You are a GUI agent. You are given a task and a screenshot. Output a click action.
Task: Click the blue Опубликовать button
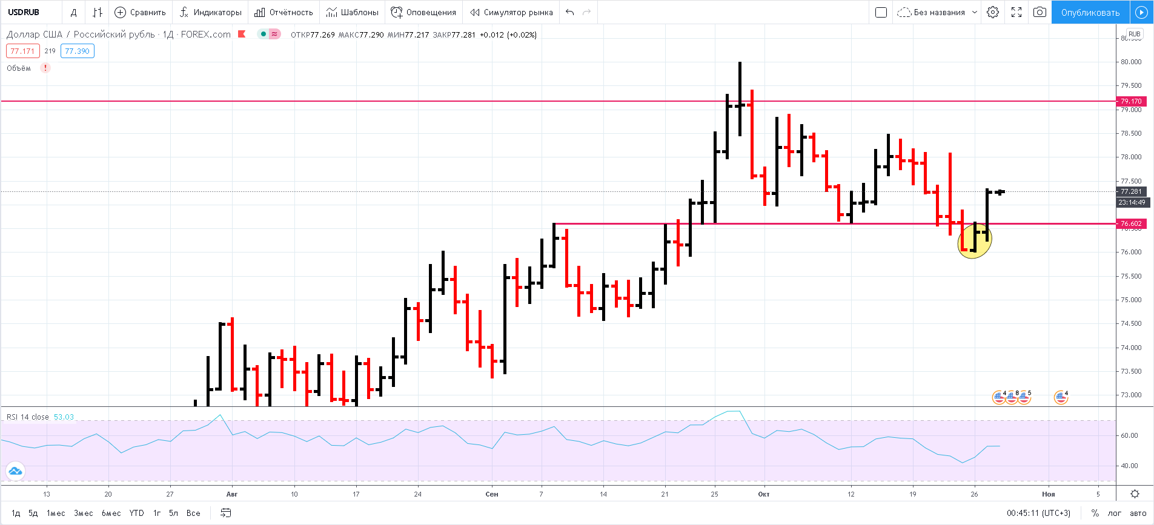pos(1090,12)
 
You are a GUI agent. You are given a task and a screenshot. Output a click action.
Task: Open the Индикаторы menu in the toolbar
pos(211,12)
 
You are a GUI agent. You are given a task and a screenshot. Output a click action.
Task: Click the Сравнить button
pos(141,12)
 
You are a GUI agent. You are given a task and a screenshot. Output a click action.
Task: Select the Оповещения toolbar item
pos(423,12)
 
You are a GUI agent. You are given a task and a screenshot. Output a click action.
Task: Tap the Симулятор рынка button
pos(512,12)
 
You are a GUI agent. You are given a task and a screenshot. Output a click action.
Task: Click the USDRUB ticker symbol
pos(24,12)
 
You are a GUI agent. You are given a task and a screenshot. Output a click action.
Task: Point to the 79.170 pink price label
pos(1130,101)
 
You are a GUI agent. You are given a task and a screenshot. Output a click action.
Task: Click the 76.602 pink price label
pos(1130,223)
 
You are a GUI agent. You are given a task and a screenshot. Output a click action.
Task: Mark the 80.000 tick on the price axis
pos(1131,62)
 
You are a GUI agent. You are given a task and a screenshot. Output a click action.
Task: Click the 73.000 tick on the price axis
pos(1131,395)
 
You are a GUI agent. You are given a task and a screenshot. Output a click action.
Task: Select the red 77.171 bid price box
pos(23,51)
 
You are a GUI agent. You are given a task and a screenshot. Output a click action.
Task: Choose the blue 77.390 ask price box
pos(77,51)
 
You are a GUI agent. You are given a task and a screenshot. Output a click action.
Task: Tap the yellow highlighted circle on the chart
pos(974,241)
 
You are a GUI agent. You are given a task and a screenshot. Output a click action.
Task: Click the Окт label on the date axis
pos(764,494)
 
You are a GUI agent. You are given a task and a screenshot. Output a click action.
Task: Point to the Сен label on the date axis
pos(492,494)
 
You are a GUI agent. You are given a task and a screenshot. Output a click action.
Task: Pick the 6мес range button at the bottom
pos(111,513)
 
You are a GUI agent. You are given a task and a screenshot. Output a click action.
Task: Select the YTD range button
pos(137,513)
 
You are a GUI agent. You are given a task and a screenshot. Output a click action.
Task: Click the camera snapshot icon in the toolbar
pos(1040,12)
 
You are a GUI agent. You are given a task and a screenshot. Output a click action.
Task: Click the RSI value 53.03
pos(64,417)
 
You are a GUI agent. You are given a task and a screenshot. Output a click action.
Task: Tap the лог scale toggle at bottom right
pos(1115,513)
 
